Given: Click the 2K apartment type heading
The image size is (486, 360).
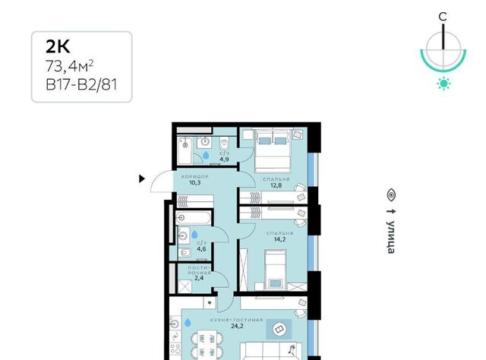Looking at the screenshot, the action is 58,47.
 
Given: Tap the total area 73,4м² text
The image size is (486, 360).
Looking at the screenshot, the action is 69,66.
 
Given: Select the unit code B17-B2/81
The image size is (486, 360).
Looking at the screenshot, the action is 81,84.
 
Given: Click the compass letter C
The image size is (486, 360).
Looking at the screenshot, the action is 443,17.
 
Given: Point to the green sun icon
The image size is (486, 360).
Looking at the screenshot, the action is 443,84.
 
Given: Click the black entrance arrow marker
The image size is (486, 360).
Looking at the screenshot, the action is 142,178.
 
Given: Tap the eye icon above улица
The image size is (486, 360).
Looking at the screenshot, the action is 392,195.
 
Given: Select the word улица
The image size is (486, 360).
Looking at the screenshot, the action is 391,237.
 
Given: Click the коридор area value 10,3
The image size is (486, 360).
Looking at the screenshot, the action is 195,182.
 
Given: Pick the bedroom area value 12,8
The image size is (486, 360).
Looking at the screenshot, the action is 276,185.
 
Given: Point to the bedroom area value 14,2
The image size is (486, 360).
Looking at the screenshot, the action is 279,239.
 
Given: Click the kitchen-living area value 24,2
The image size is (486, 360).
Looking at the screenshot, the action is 237,326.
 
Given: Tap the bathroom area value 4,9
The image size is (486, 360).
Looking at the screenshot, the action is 225,159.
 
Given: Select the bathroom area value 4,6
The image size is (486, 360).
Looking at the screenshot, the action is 201,248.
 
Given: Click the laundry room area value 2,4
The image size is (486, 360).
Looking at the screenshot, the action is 199,278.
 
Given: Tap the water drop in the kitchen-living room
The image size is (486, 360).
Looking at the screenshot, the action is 188,323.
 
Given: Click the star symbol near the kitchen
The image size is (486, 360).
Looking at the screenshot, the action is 210,302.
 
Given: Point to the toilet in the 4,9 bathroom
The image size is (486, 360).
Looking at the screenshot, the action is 224,144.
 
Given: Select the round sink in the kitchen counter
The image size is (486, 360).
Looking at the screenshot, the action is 175,324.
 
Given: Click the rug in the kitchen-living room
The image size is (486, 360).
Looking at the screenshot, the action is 279,329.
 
